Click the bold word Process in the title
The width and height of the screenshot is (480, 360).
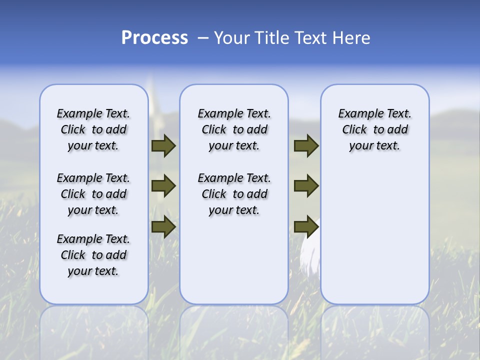(x=154, y=38)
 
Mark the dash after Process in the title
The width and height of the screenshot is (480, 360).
(x=203, y=38)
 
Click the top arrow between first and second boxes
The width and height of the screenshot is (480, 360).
(x=163, y=145)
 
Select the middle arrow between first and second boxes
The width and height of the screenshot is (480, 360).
(x=163, y=186)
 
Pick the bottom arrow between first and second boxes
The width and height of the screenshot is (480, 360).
(x=163, y=226)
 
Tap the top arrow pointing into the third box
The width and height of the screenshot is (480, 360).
(x=306, y=145)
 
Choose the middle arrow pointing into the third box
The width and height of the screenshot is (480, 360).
(x=306, y=186)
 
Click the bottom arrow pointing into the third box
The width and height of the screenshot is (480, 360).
(x=306, y=226)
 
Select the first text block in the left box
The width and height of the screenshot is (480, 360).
(x=93, y=129)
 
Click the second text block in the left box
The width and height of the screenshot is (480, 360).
(x=93, y=194)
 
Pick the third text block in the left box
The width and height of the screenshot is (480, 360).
(x=93, y=255)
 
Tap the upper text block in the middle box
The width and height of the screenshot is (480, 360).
(x=234, y=129)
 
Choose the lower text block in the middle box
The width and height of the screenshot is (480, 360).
(x=234, y=194)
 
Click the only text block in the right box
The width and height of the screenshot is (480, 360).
(x=375, y=129)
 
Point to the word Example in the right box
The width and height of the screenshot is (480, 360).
(x=357, y=113)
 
